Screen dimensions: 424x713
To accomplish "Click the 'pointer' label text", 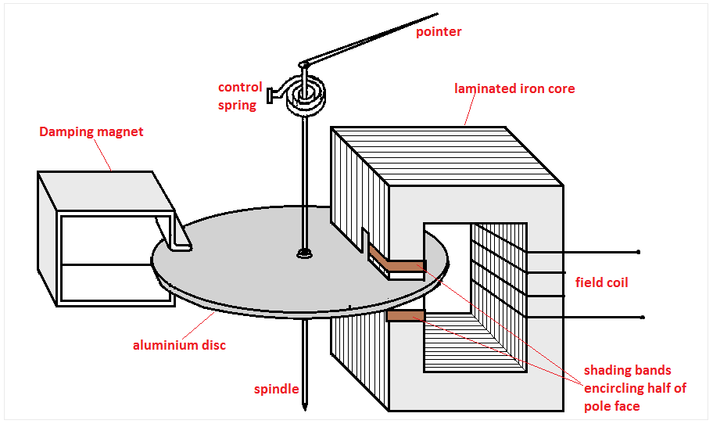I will tap(439, 32).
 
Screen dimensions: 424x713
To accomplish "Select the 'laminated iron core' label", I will tap(514, 88).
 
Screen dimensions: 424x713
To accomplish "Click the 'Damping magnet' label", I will tap(91, 131).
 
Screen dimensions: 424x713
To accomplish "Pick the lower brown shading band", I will tap(405, 315).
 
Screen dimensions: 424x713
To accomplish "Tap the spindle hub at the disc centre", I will tap(303, 253).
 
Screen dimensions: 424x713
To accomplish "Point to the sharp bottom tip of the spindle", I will tap(303, 408).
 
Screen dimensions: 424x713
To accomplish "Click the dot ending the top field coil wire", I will tap(639, 252).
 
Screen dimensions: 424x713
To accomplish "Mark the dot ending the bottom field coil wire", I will tap(643, 318).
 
